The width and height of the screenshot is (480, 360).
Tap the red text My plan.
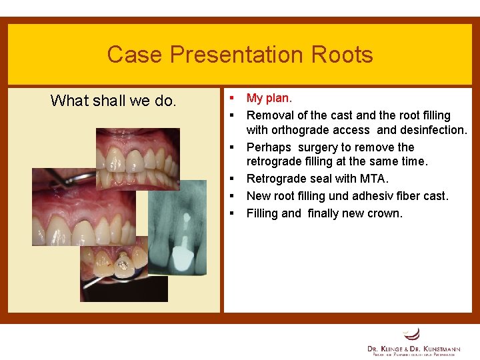pyautogui.click(x=269, y=98)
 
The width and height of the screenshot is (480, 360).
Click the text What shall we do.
pyautogui.click(x=113, y=101)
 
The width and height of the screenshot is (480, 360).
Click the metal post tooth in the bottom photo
pyautogui.click(x=122, y=266)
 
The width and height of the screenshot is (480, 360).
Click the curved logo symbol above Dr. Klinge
pyautogui.click(x=412, y=334)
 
